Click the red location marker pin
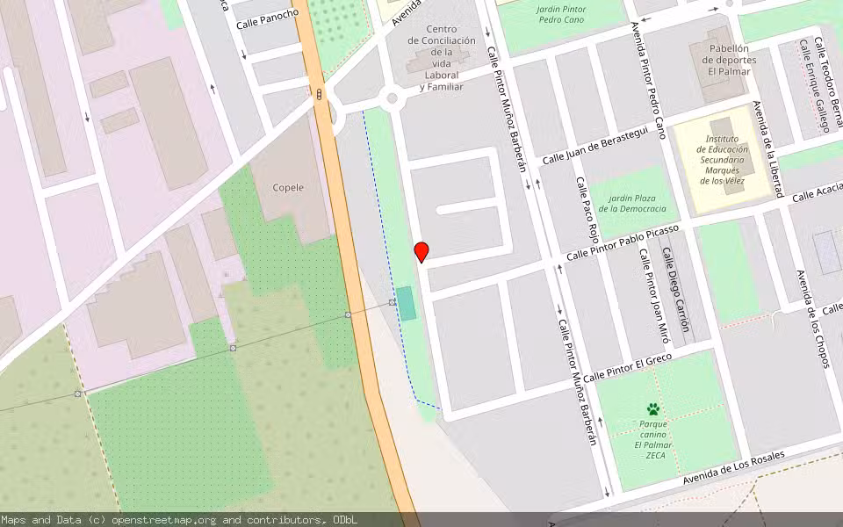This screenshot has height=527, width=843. click(x=421, y=251)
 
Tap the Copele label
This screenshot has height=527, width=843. click(x=288, y=187)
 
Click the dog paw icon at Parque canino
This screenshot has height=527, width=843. click(x=652, y=408)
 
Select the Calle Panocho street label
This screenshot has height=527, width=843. click(x=267, y=18)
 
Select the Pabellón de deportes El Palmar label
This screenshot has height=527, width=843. click(x=728, y=60)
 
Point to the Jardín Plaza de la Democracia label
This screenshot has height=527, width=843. click(x=632, y=203)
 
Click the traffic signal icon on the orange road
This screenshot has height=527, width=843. click(x=320, y=94)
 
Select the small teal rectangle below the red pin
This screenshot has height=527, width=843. click(x=406, y=303)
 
